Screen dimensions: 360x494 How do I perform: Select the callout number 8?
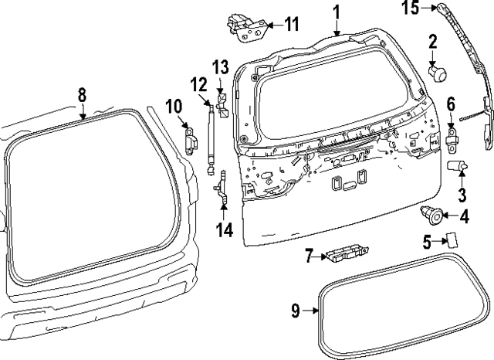83,94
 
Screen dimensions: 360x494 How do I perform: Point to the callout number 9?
296,311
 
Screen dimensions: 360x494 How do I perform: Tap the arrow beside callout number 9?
313,311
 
